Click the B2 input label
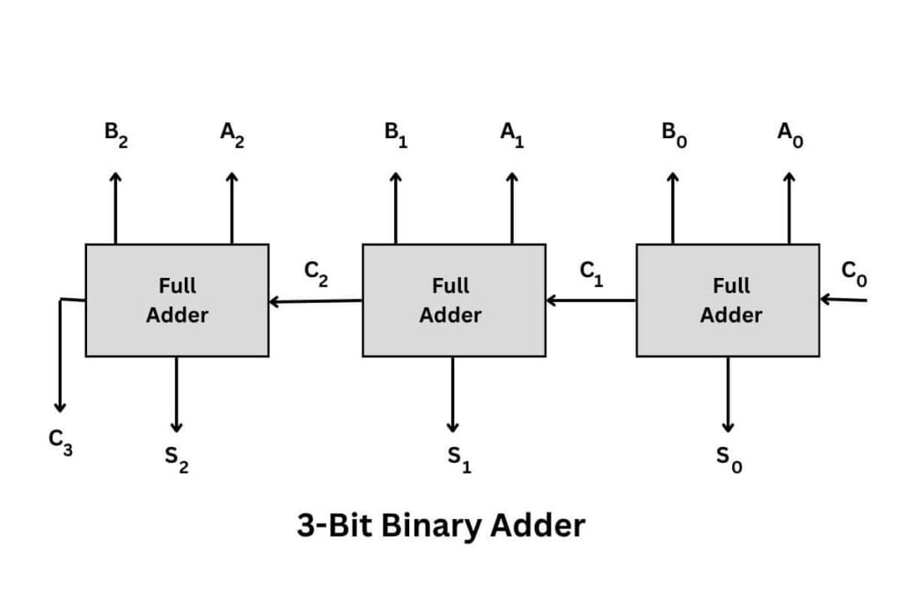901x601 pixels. tap(115, 136)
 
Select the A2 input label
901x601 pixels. tap(231, 136)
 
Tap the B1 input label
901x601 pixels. tap(395, 136)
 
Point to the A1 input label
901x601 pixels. tap(512, 136)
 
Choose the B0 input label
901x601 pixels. tap(673, 136)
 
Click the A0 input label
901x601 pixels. tap(789, 136)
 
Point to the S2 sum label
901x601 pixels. tap(177, 459)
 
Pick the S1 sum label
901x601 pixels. tap(458, 459)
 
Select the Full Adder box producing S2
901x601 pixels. tap(177, 300)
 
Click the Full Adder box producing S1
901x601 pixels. tap(453, 300)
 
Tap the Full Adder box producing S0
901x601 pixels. tap(728, 300)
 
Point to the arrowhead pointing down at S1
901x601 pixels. tap(452, 426)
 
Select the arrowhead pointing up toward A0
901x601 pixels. tap(789, 178)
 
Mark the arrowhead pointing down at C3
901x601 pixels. tap(60, 406)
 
